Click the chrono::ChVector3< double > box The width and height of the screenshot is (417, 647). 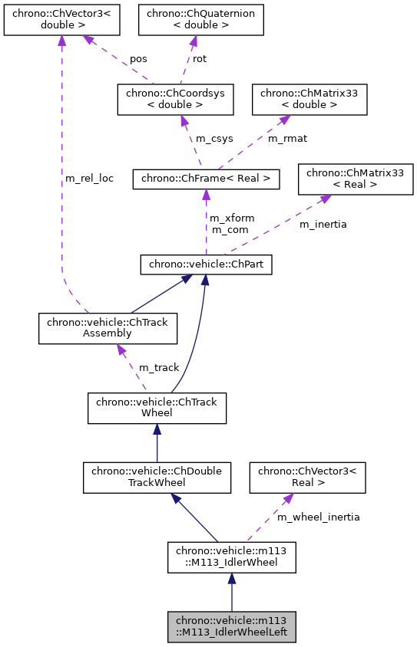[x=61, y=19]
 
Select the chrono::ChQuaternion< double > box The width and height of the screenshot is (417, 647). [x=200, y=19]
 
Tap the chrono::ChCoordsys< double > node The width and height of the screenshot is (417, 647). [x=180, y=100]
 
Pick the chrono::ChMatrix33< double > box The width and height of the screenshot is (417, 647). [x=309, y=100]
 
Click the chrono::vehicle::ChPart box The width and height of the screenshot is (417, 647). [x=206, y=264]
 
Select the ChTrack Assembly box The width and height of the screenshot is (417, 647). [x=108, y=327]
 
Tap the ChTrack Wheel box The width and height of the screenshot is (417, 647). [x=157, y=408]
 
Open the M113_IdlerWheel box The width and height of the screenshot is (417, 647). [x=231, y=557]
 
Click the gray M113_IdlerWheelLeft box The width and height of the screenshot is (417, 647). [x=231, y=627]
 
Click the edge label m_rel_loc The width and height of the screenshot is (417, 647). [x=88, y=179]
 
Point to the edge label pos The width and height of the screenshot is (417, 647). [x=138, y=58]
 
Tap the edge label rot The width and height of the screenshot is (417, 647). [x=199, y=58]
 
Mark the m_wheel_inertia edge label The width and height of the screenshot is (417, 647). [x=318, y=517]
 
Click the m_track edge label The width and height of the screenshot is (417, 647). [x=159, y=368]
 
